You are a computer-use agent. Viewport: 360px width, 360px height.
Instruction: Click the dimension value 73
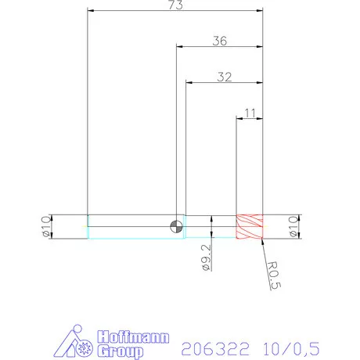click(x=175, y=6)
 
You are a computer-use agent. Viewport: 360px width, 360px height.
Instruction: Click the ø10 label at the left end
click(x=45, y=226)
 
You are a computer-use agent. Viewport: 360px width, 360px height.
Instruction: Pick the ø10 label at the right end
click(x=293, y=226)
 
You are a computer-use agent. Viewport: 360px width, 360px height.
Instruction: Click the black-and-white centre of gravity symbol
click(x=177, y=227)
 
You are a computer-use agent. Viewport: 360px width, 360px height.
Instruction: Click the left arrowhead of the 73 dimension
click(x=91, y=12)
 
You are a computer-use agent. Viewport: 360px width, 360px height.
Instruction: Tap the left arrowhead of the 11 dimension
click(x=240, y=118)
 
